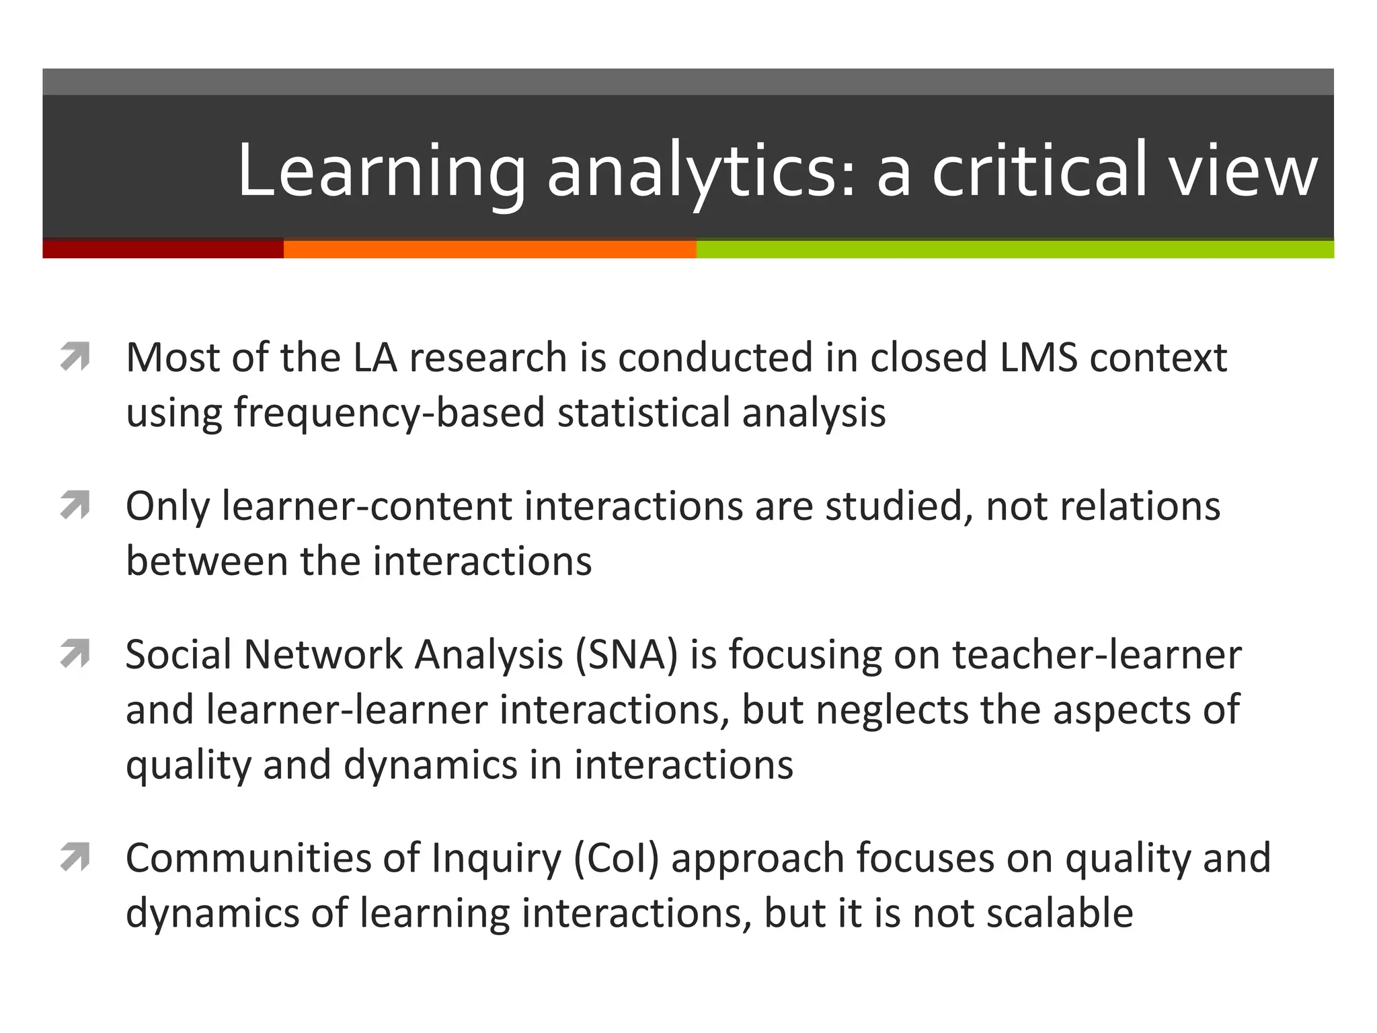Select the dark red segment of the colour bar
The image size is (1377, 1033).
tap(163, 249)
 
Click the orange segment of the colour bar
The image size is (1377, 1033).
tap(489, 249)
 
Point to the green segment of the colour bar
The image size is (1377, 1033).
tap(1015, 249)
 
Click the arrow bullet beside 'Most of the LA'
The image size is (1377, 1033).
tap(75, 356)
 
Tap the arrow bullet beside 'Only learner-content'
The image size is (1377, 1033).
tap(75, 506)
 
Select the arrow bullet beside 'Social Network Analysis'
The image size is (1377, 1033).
tap(75, 654)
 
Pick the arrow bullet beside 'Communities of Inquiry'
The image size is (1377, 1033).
tap(75, 857)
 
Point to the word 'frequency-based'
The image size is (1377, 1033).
tap(389, 413)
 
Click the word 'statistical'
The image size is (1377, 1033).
tap(643, 412)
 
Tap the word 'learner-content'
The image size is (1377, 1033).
tap(366, 506)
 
